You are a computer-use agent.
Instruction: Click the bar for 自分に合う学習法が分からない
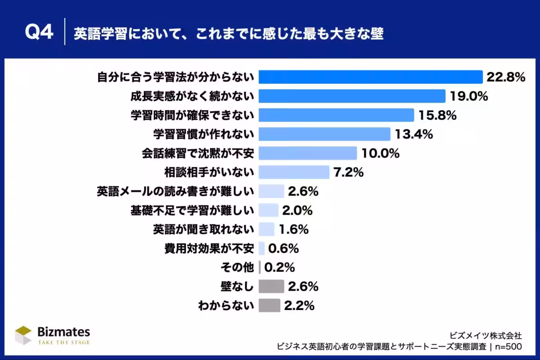click(370, 77)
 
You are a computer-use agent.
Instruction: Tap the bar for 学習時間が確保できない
click(336, 115)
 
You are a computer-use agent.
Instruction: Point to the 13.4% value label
click(414, 134)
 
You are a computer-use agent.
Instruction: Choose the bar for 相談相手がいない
click(294, 172)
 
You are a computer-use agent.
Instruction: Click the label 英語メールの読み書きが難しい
click(175, 191)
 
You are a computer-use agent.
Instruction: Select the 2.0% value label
click(297, 210)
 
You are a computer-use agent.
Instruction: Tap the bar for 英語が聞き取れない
click(266, 229)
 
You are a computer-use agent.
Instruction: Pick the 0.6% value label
click(283, 248)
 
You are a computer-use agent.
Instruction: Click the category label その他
click(237, 267)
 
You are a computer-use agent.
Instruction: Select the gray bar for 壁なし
click(271, 286)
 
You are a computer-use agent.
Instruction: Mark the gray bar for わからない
click(270, 306)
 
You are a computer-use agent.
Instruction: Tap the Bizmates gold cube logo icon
click(23, 335)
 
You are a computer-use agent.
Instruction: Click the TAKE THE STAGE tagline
click(63, 342)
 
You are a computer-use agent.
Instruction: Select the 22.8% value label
click(506, 77)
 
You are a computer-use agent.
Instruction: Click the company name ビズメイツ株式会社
click(486, 335)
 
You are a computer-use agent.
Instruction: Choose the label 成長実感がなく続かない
click(193, 96)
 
